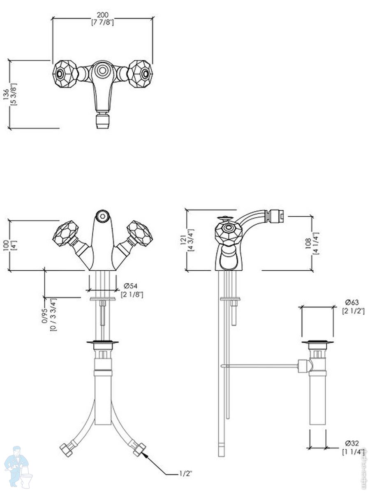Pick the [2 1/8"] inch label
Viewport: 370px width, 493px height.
tap(132, 294)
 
